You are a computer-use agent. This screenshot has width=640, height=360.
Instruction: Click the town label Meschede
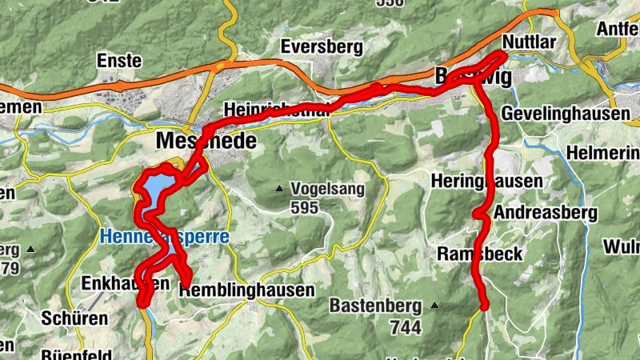click(206, 142)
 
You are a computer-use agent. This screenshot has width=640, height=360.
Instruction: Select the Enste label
click(118, 61)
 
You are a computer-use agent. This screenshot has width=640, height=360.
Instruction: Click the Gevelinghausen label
click(565, 114)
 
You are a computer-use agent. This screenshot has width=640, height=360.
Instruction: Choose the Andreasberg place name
click(546, 213)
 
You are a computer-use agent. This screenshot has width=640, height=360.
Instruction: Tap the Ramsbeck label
click(480, 254)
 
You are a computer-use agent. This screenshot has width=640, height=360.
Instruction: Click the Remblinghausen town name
click(247, 290)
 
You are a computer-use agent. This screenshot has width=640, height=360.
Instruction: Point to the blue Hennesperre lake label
click(164, 237)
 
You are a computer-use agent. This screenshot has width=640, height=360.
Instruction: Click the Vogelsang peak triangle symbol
click(279, 190)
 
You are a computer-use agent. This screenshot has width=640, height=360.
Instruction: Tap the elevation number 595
click(305, 208)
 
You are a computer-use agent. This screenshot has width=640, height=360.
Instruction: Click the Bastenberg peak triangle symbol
click(434, 306)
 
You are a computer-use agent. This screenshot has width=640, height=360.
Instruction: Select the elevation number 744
click(406, 326)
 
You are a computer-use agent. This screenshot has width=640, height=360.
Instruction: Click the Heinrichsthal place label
click(277, 110)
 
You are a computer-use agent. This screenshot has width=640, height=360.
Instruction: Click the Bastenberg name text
click(377, 306)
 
